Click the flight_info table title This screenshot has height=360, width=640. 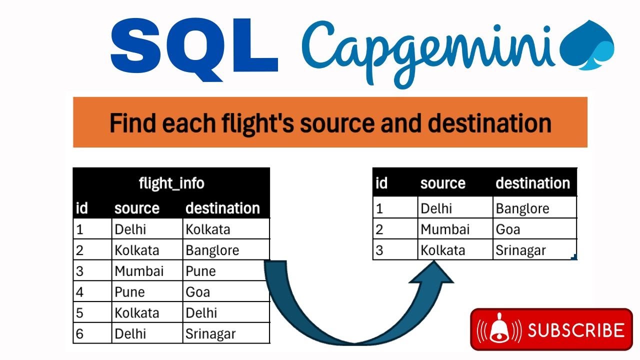coord(171,183)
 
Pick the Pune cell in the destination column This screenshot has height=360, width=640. coord(201,271)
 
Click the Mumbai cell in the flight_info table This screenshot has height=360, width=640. coord(139,271)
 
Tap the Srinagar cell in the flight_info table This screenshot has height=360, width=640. coord(210,333)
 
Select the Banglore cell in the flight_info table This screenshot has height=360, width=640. coord(212,250)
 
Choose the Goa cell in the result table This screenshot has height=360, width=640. coord(508,229)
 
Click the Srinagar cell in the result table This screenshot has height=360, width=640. coord(520,250)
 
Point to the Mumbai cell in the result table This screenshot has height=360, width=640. coord(445,229)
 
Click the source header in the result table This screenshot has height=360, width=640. coord(442,183)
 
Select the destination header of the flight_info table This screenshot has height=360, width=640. coord(222,208)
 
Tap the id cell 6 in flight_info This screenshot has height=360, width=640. coord(79,333)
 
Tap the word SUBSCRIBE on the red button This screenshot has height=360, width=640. coord(576,330)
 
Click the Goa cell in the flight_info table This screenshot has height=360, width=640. coord(198,292)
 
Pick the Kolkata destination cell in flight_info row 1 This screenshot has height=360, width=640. coord(208,229)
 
